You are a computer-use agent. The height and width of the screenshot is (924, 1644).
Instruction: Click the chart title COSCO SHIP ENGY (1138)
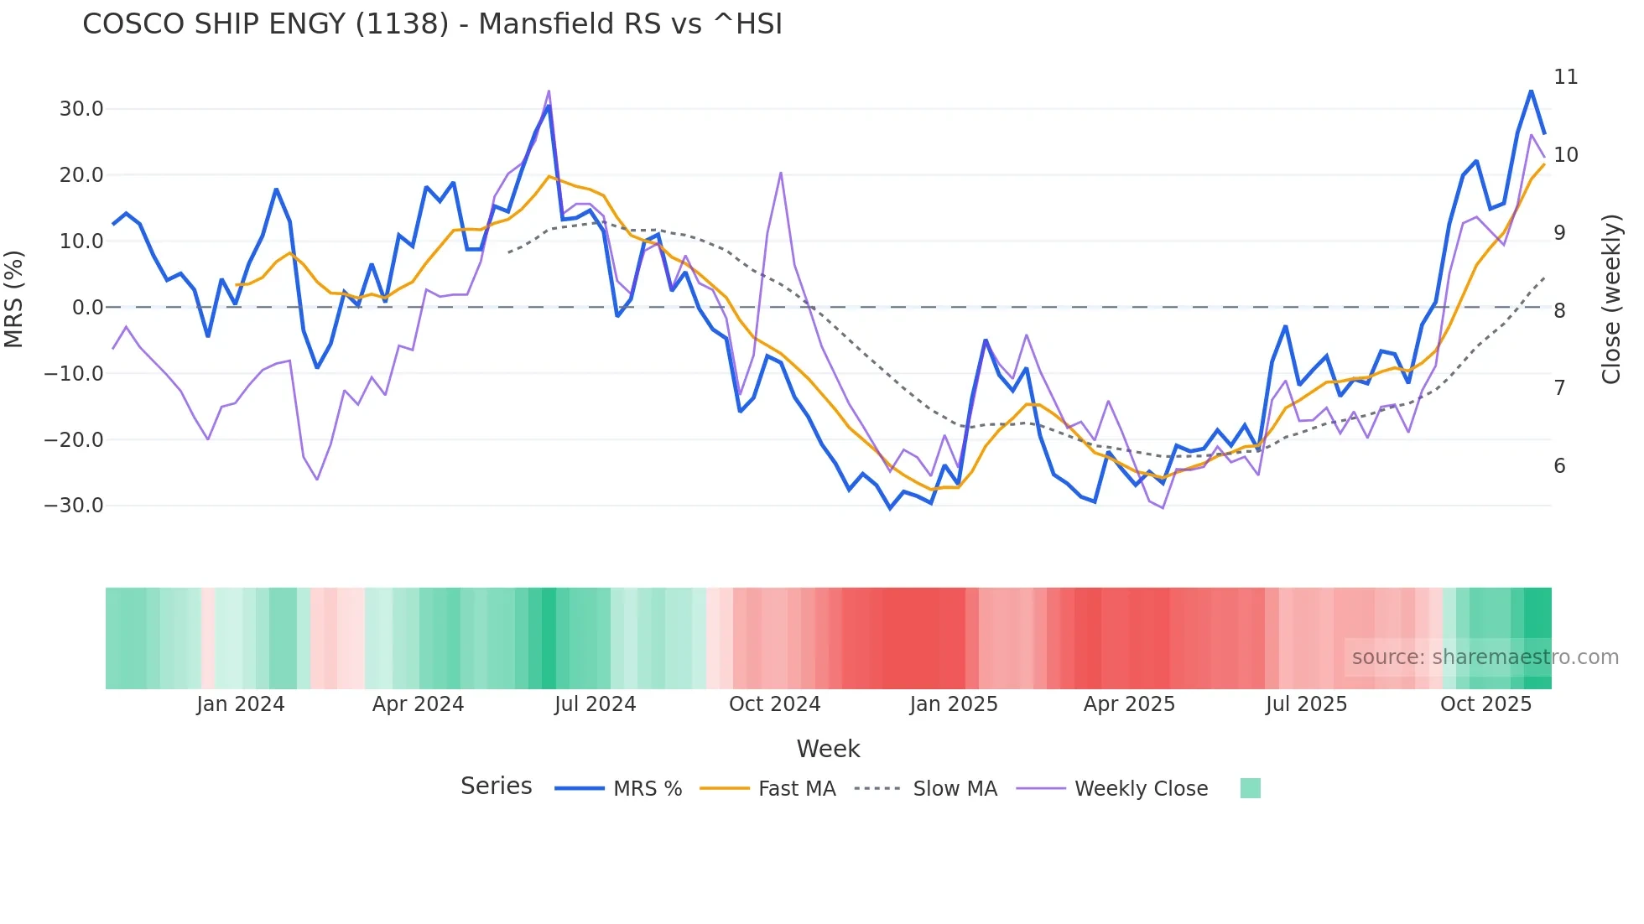(432, 24)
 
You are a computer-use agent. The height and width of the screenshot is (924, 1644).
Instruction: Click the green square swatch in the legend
(1250, 788)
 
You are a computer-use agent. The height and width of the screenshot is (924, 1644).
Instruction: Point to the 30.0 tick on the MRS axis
(81, 109)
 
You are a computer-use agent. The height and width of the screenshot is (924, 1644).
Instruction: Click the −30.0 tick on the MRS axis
(74, 506)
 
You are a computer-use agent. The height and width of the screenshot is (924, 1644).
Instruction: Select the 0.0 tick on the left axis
(88, 308)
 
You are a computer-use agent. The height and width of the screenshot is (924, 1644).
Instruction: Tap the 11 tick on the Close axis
(1565, 77)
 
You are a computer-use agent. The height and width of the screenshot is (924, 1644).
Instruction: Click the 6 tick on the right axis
(1559, 466)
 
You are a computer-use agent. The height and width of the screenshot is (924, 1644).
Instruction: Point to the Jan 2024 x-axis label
(241, 704)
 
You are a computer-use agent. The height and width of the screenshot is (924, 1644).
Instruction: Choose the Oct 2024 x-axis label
(774, 704)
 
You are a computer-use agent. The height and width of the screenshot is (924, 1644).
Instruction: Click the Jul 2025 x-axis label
(1306, 704)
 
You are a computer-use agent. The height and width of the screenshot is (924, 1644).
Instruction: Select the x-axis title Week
(828, 749)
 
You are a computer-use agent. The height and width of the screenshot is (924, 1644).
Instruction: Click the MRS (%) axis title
(14, 298)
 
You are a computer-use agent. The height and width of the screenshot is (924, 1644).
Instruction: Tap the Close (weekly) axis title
(1611, 299)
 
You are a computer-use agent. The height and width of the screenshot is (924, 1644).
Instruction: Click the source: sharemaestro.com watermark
(1485, 657)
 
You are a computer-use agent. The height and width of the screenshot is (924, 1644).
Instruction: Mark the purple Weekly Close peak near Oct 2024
(781, 173)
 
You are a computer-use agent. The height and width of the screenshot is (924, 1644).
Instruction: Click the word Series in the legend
(496, 786)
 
